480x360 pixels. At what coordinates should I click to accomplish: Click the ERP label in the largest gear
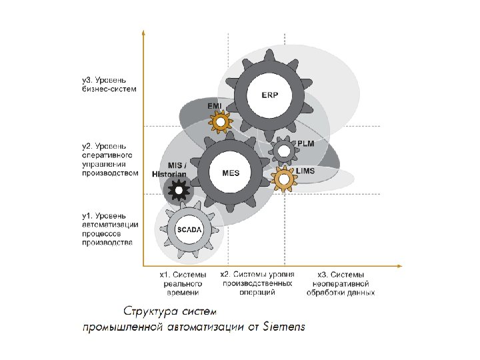(270, 95)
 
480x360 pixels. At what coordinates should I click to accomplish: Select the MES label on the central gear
(230, 172)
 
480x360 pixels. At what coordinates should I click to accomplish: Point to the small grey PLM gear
(284, 151)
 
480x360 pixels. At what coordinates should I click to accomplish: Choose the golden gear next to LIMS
(285, 178)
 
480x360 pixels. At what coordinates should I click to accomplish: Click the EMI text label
(215, 106)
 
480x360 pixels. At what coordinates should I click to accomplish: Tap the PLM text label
(305, 144)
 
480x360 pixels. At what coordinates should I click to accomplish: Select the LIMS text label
(305, 171)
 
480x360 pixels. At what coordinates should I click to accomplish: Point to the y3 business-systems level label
(109, 85)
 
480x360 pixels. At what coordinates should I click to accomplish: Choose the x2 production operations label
(257, 283)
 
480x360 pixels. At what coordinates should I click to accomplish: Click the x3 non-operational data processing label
(341, 283)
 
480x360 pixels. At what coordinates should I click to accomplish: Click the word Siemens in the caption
(284, 327)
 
